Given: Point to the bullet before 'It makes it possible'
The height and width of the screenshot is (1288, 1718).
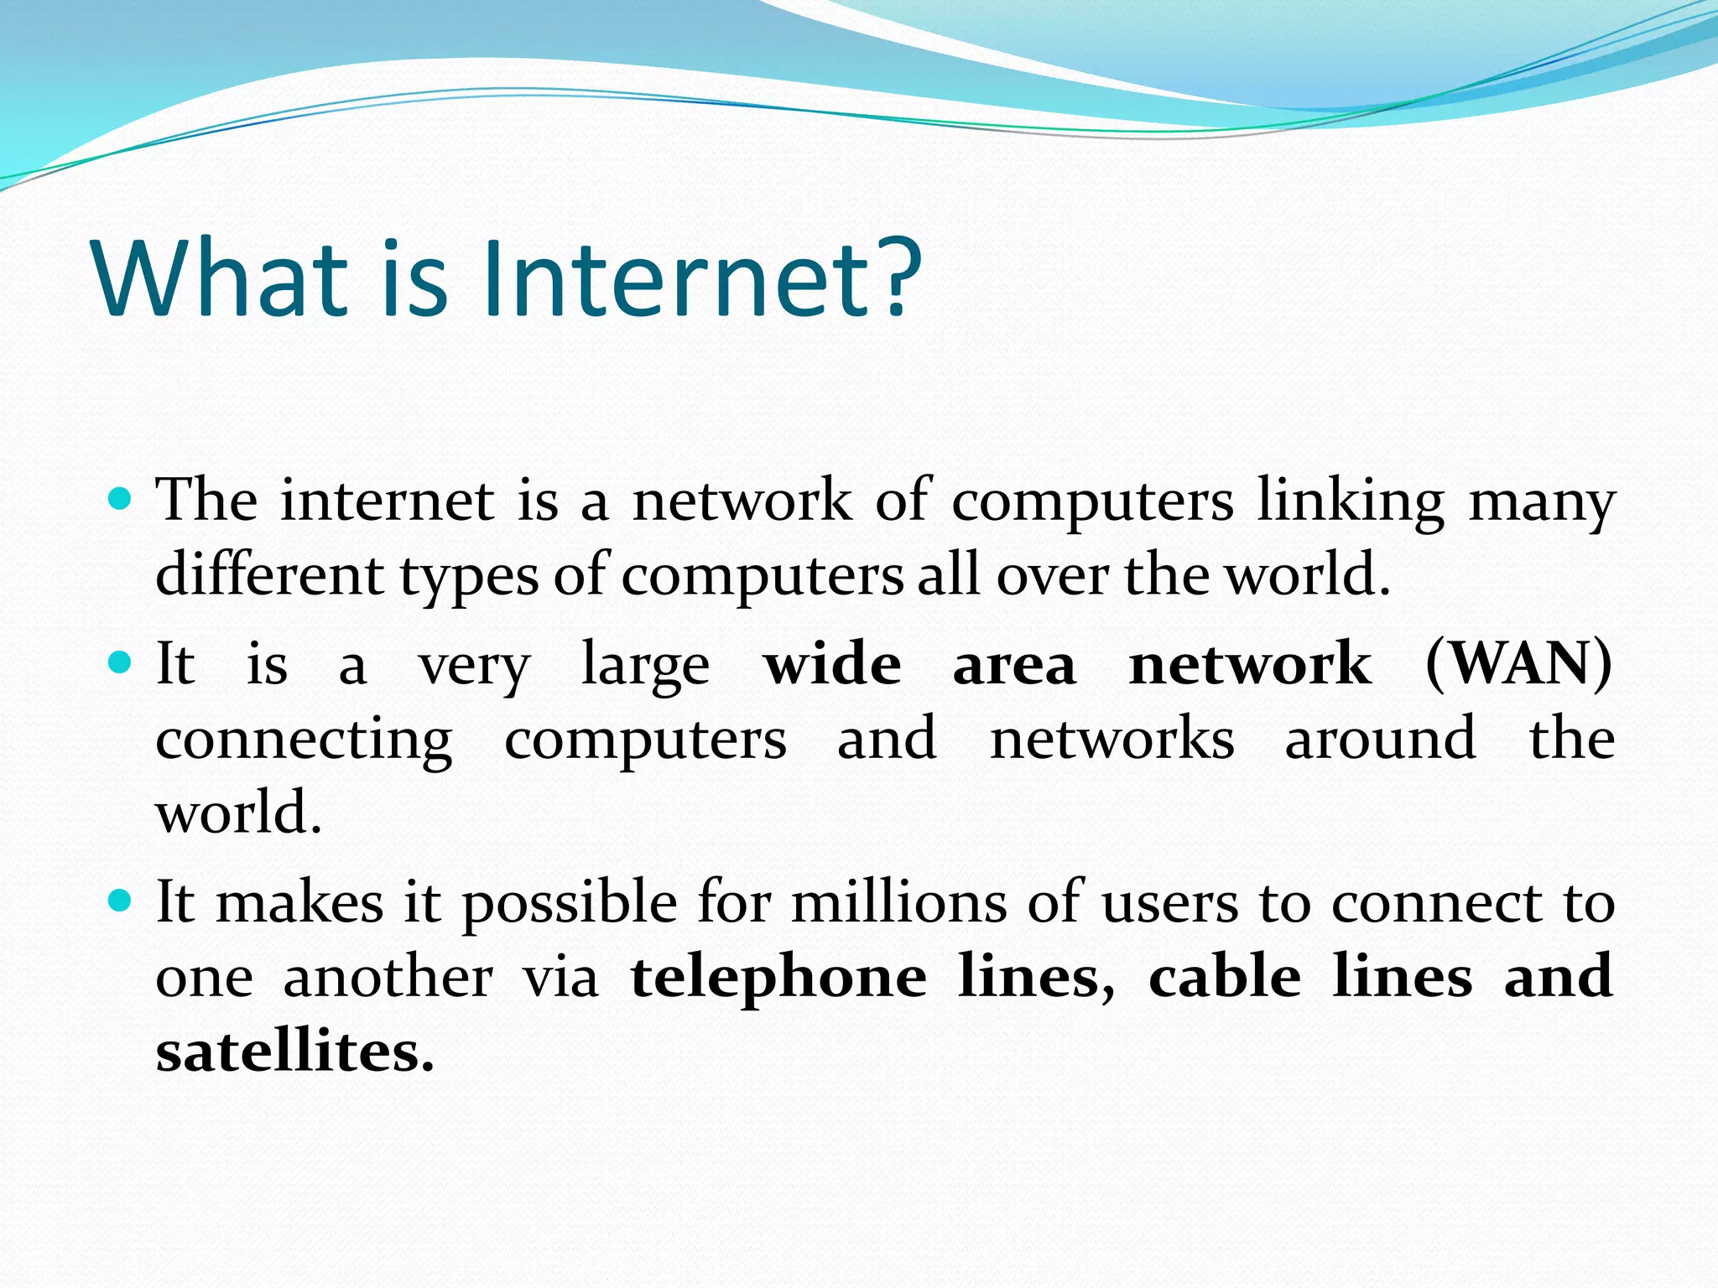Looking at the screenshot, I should [x=121, y=901].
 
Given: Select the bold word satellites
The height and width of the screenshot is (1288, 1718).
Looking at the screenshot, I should [x=294, y=1052].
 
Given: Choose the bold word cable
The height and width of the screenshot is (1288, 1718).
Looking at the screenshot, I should [x=1225, y=977].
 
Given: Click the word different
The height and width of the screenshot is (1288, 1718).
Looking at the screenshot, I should [x=269, y=575].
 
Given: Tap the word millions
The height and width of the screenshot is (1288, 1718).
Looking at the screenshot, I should [x=899, y=902].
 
